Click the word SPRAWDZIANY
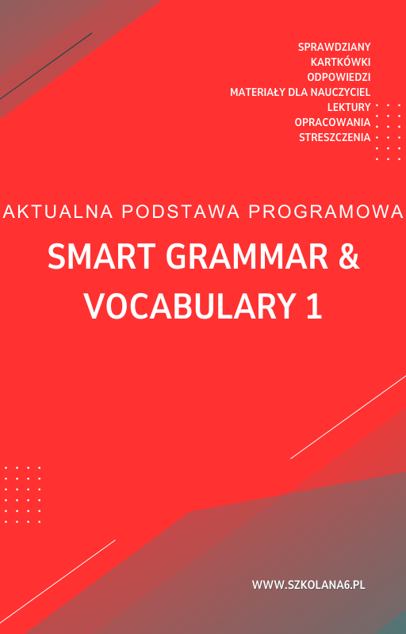point(334,47)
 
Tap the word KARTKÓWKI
point(341,62)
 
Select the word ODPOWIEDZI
point(339,77)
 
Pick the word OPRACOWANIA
point(332,122)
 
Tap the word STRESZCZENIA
point(335,137)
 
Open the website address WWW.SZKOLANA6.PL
point(308,585)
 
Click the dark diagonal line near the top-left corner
point(48,66)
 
